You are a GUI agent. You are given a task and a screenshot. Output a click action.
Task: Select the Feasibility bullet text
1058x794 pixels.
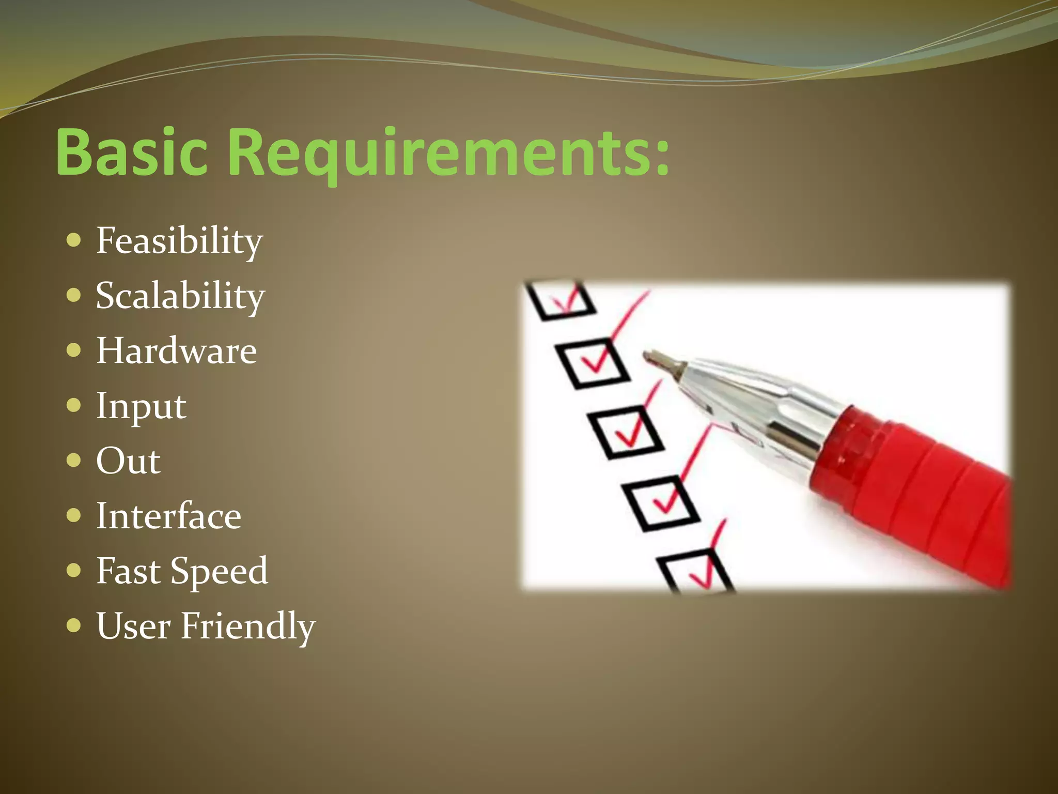[x=179, y=241]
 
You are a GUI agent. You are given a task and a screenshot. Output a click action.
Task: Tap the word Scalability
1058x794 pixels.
[x=180, y=296]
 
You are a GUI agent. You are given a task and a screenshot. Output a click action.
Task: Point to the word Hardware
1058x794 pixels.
[x=176, y=351]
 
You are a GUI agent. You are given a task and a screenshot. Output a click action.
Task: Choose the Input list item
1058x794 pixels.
[x=141, y=406]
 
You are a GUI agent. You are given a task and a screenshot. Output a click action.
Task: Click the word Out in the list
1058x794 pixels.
[x=128, y=461]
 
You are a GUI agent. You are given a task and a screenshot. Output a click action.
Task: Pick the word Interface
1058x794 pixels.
[x=168, y=516]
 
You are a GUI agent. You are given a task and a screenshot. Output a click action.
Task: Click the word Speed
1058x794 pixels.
[x=219, y=572]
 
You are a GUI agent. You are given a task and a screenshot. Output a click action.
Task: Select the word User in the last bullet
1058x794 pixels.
[x=133, y=626]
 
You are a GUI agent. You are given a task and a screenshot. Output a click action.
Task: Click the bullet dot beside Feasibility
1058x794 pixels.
[x=74, y=240]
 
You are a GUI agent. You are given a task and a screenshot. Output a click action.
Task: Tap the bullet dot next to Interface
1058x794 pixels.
[x=74, y=515]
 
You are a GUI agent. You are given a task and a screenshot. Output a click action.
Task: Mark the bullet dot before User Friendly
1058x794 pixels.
[x=74, y=625]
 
